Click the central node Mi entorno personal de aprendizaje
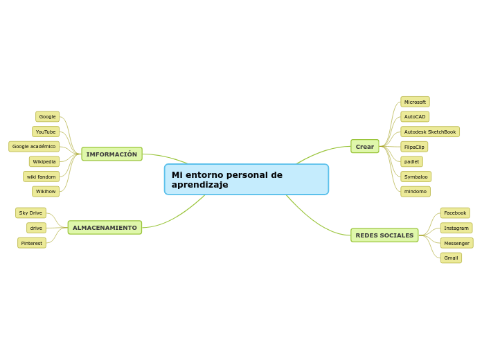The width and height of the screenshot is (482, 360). coord(246,179)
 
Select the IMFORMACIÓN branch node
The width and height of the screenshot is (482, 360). coord(111,154)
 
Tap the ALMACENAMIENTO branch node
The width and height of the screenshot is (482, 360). coord(105,228)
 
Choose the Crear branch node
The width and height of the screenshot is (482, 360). coord(364,146)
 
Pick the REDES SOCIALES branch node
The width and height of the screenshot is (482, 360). coord(384,235)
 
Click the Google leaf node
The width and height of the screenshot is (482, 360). coord(47,116)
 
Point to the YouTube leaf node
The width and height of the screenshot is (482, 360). coord(46,132)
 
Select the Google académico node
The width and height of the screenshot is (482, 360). coord(34,146)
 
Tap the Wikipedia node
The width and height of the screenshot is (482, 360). coord(44,161)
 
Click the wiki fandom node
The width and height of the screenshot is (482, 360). coord(42,177)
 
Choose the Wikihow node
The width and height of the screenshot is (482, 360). coord(46,191)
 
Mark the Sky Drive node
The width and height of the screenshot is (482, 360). coord(30,213)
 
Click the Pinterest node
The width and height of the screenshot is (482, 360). coord(32,243)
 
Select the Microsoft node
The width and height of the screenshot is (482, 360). coord(415,102)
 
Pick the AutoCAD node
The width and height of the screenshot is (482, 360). coord(415,116)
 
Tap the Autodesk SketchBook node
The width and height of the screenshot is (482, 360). coord(429,132)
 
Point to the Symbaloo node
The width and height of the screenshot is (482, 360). coord(416,177)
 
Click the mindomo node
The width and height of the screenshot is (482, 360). coord(415,191)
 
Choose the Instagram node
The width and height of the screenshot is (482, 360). coord(456,228)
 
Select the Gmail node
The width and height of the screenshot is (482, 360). coord(451,258)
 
